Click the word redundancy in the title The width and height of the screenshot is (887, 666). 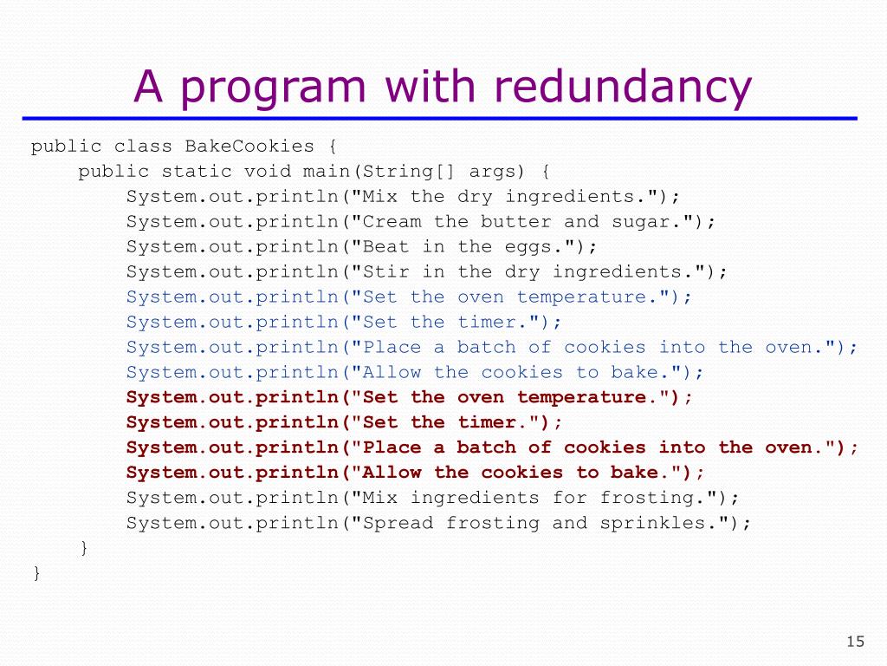pyautogui.click(x=624, y=87)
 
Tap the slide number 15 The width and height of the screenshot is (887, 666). pyautogui.click(x=855, y=642)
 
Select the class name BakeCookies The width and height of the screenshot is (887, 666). pyautogui.click(x=249, y=147)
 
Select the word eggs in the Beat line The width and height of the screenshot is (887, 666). pyautogui.click(x=528, y=247)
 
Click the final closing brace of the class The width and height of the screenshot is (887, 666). pyautogui.click(x=36, y=573)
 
